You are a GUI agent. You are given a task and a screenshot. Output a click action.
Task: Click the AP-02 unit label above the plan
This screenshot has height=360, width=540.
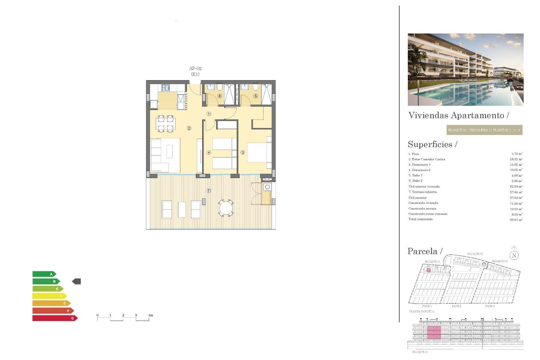pos(195,68)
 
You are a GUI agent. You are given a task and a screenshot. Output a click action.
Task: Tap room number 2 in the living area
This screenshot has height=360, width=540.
pos(189,128)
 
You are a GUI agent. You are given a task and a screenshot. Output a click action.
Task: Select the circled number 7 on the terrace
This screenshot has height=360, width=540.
pos(209,191)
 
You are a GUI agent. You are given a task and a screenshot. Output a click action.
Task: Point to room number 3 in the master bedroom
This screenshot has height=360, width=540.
pos(243,152)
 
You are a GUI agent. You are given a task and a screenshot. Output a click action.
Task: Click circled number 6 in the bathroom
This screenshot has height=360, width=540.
pos(220,96)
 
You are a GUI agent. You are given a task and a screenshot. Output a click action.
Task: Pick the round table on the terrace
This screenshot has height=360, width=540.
pos(226,208)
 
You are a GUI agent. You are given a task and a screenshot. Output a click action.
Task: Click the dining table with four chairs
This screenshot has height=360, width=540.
pos(166,124)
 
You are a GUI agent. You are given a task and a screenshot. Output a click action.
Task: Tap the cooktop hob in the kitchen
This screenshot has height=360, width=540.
pos(166,88)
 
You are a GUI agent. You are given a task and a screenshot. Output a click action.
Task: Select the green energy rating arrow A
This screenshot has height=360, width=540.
pos(44,274)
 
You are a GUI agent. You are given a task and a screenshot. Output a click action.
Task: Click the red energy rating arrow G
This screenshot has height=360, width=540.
pos(55,318)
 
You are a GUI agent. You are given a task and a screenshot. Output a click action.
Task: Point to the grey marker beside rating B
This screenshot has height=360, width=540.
pos(76,281)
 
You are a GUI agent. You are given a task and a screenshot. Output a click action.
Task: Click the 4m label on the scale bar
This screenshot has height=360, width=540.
pos(151,315)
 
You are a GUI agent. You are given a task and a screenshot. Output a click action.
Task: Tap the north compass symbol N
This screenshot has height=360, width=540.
pos(514,255)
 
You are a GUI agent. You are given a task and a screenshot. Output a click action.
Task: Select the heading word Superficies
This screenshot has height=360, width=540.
pos(430,144)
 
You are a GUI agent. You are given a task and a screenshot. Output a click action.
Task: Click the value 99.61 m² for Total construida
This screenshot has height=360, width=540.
pos(516,220)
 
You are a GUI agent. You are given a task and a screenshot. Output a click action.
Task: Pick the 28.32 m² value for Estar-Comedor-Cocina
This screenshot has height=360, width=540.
pos(516,159)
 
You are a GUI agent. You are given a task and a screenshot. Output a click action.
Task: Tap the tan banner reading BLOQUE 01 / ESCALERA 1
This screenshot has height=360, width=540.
pos(484,130)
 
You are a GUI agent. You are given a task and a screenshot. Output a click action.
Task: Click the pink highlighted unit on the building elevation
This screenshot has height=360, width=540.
pos(434,332)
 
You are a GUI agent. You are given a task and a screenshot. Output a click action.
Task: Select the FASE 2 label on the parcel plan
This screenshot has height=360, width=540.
pos(456,306)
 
